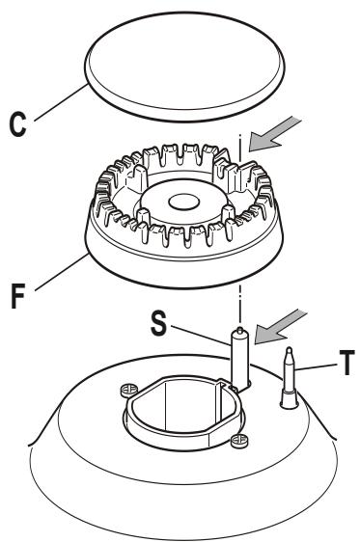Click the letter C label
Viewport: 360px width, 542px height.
coord(17,124)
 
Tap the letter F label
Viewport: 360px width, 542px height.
coord(18,296)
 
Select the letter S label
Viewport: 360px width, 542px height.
coord(158,323)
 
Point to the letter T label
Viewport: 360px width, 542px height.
coord(346,363)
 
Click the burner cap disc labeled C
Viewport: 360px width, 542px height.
coord(184,67)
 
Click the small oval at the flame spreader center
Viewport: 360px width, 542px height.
coord(183,203)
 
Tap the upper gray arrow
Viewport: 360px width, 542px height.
coord(274,135)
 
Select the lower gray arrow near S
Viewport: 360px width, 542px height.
coord(280,327)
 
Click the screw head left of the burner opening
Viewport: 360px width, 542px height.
coord(128,390)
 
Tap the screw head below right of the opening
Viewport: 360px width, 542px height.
coord(239,441)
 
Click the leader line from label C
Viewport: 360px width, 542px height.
coord(60,103)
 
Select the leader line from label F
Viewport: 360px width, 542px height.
coord(61,272)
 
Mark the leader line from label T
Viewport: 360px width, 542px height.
coord(316,367)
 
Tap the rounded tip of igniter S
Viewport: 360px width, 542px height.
coord(239,330)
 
